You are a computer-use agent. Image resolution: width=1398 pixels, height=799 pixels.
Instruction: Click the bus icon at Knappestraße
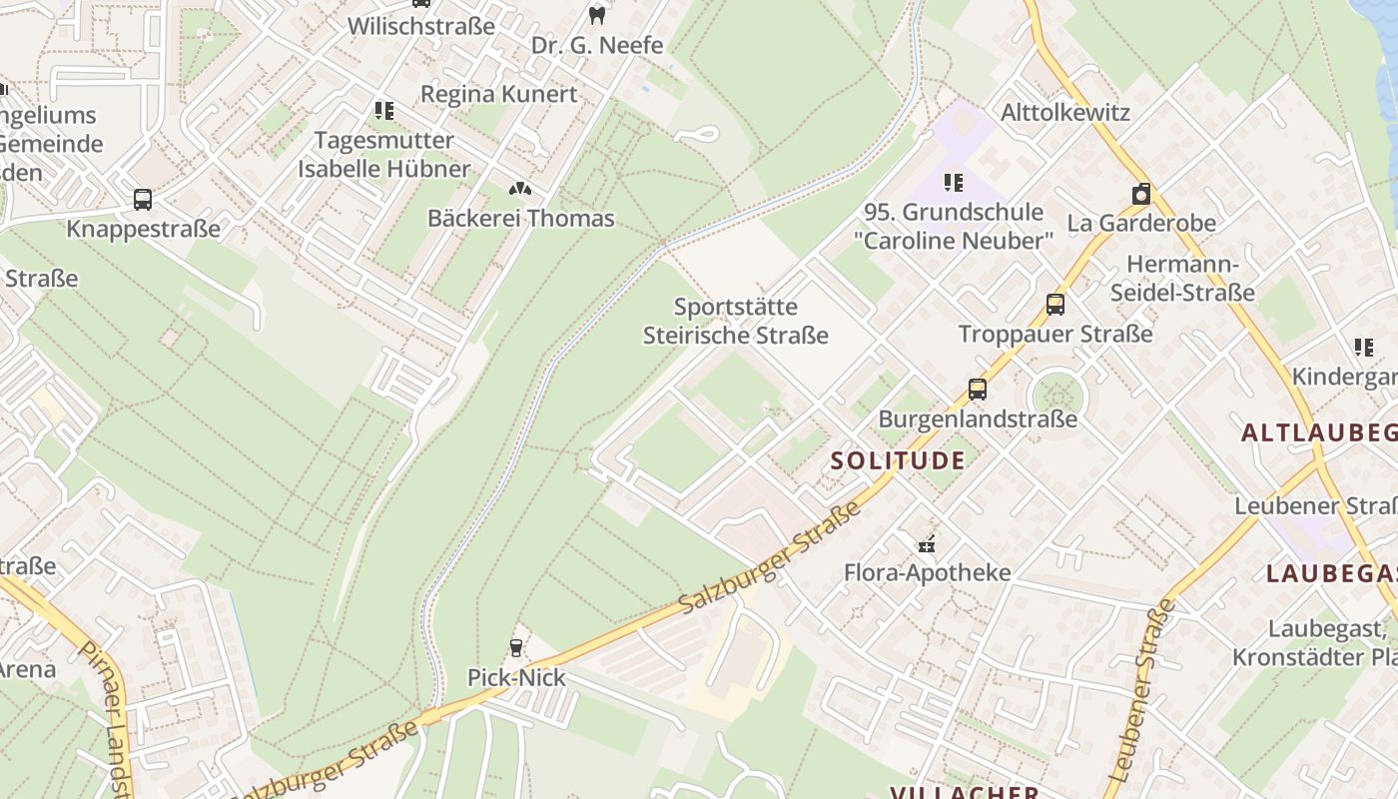pyautogui.click(x=143, y=199)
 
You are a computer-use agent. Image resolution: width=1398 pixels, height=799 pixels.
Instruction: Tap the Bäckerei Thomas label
pyautogui.click(x=520, y=218)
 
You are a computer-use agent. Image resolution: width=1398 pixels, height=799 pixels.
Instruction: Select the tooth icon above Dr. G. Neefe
pyautogui.click(x=597, y=15)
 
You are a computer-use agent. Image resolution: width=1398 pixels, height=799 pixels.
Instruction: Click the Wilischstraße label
pyautogui.click(x=420, y=26)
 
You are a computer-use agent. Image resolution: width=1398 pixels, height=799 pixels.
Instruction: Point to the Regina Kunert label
pyautogui.click(x=498, y=94)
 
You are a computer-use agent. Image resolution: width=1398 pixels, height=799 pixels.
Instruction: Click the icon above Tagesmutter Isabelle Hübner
pyautogui.click(x=383, y=110)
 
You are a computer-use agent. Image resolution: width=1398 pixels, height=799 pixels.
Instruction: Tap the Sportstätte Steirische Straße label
pyautogui.click(x=735, y=321)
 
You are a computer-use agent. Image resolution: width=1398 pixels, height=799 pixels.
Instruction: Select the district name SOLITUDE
pyautogui.click(x=898, y=460)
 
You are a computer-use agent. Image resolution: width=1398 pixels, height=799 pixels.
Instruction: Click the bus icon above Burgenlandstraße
pyautogui.click(x=977, y=390)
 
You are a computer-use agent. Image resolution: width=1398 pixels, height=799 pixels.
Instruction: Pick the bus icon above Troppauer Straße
pyautogui.click(x=1055, y=304)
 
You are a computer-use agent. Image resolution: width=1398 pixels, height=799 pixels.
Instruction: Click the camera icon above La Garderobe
pyautogui.click(x=1140, y=194)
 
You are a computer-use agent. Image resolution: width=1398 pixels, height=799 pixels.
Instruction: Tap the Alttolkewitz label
pyautogui.click(x=1064, y=112)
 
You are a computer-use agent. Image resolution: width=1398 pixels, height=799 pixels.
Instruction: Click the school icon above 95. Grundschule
pyautogui.click(x=954, y=183)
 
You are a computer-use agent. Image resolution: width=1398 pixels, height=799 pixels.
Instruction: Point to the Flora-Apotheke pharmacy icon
pyautogui.click(x=927, y=544)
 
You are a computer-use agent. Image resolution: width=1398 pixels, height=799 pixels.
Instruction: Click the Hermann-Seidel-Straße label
pyautogui.click(x=1182, y=279)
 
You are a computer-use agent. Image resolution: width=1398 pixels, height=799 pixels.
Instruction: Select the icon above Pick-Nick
pyautogui.click(x=516, y=648)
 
